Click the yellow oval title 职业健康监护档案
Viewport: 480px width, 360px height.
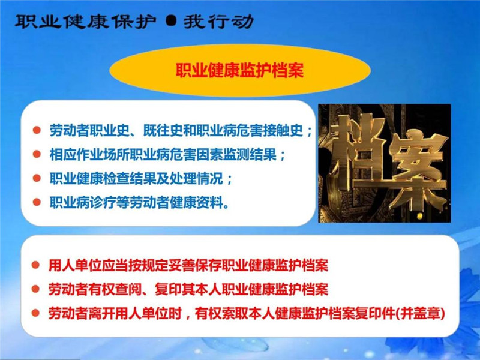[x=239, y=71]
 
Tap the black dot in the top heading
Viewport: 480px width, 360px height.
[x=171, y=22]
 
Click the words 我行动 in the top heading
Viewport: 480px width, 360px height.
[x=218, y=22]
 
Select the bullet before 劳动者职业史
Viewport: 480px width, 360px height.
[x=37, y=130]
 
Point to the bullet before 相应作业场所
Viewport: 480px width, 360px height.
[x=37, y=154]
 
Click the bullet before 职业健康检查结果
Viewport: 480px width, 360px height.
[x=37, y=178]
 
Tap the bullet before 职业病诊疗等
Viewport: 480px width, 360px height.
[x=37, y=202]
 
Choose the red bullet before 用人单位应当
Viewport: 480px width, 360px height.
[x=36, y=265]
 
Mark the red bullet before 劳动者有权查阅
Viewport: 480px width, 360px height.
[x=36, y=289]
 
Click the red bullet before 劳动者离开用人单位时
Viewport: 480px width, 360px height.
[x=36, y=313]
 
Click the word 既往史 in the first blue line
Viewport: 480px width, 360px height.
[x=163, y=130]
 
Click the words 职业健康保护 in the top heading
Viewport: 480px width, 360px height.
[x=86, y=22]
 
